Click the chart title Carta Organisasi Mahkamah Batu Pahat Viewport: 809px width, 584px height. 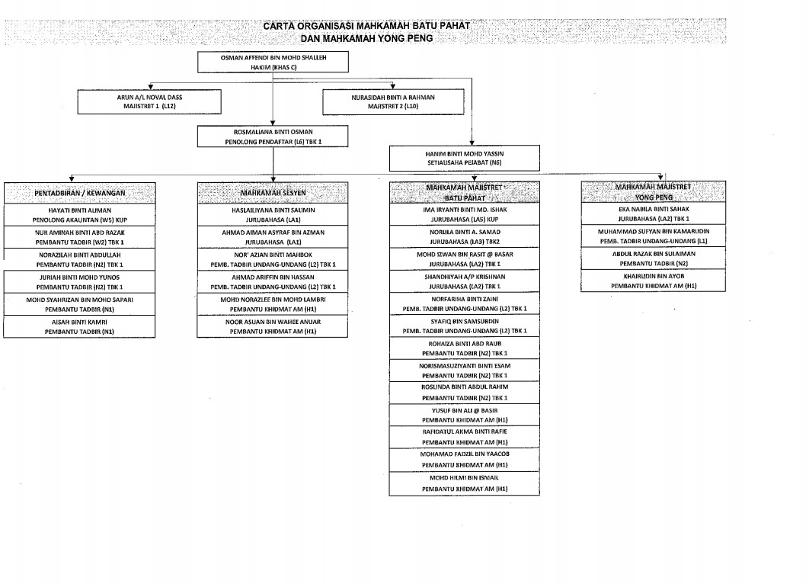tap(366, 25)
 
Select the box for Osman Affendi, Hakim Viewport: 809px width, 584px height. tap(273, 62)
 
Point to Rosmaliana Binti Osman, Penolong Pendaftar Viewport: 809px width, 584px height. tap(273, 136)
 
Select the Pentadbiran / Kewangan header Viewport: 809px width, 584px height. tap(79, 193)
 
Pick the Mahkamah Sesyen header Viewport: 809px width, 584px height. tap(273, 193)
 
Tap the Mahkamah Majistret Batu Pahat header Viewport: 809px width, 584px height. tap(464, 192)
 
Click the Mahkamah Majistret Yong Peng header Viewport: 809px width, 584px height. tap(653, 191)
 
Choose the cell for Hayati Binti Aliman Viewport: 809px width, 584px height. tap(79, 213)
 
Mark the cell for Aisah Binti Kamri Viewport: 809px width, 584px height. tap(79, 326)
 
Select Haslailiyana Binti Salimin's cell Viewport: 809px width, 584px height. tap(273, 213)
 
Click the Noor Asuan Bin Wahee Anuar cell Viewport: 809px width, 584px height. tap(273, 326)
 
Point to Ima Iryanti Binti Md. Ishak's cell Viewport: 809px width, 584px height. tap(464, 213)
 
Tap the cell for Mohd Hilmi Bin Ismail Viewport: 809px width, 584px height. tap(464, 483)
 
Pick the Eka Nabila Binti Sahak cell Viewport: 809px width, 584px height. tap(653, 213)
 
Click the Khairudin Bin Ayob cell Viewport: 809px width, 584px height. tap(653, 281)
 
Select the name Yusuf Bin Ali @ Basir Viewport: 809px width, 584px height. tap(464, 410)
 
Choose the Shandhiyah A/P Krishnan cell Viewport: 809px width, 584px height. tap(464, 281)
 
